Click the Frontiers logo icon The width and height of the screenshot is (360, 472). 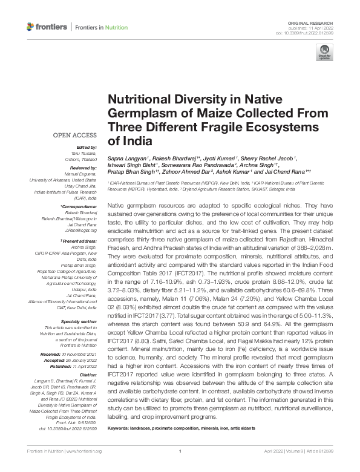pyautogui.click(x=31, y=27)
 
